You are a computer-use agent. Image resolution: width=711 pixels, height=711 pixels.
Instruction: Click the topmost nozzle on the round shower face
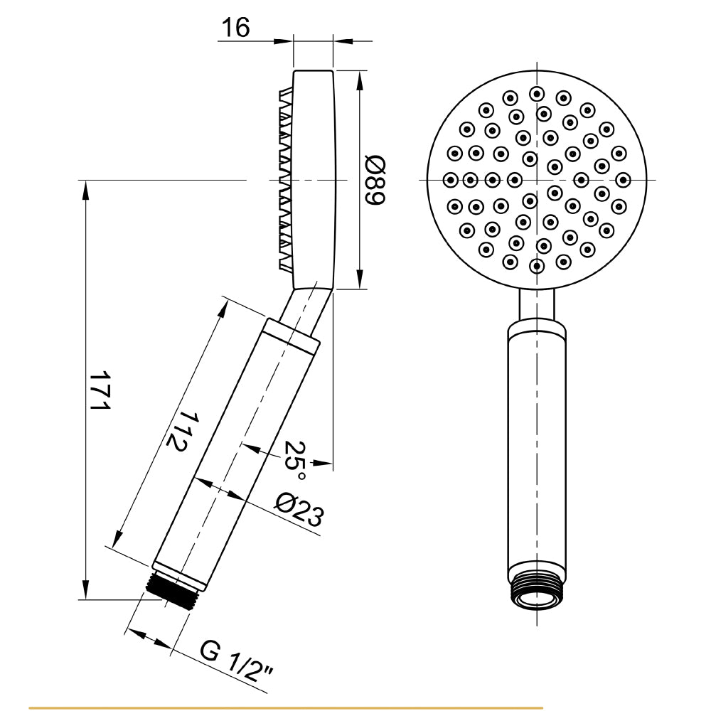[537, 94]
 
